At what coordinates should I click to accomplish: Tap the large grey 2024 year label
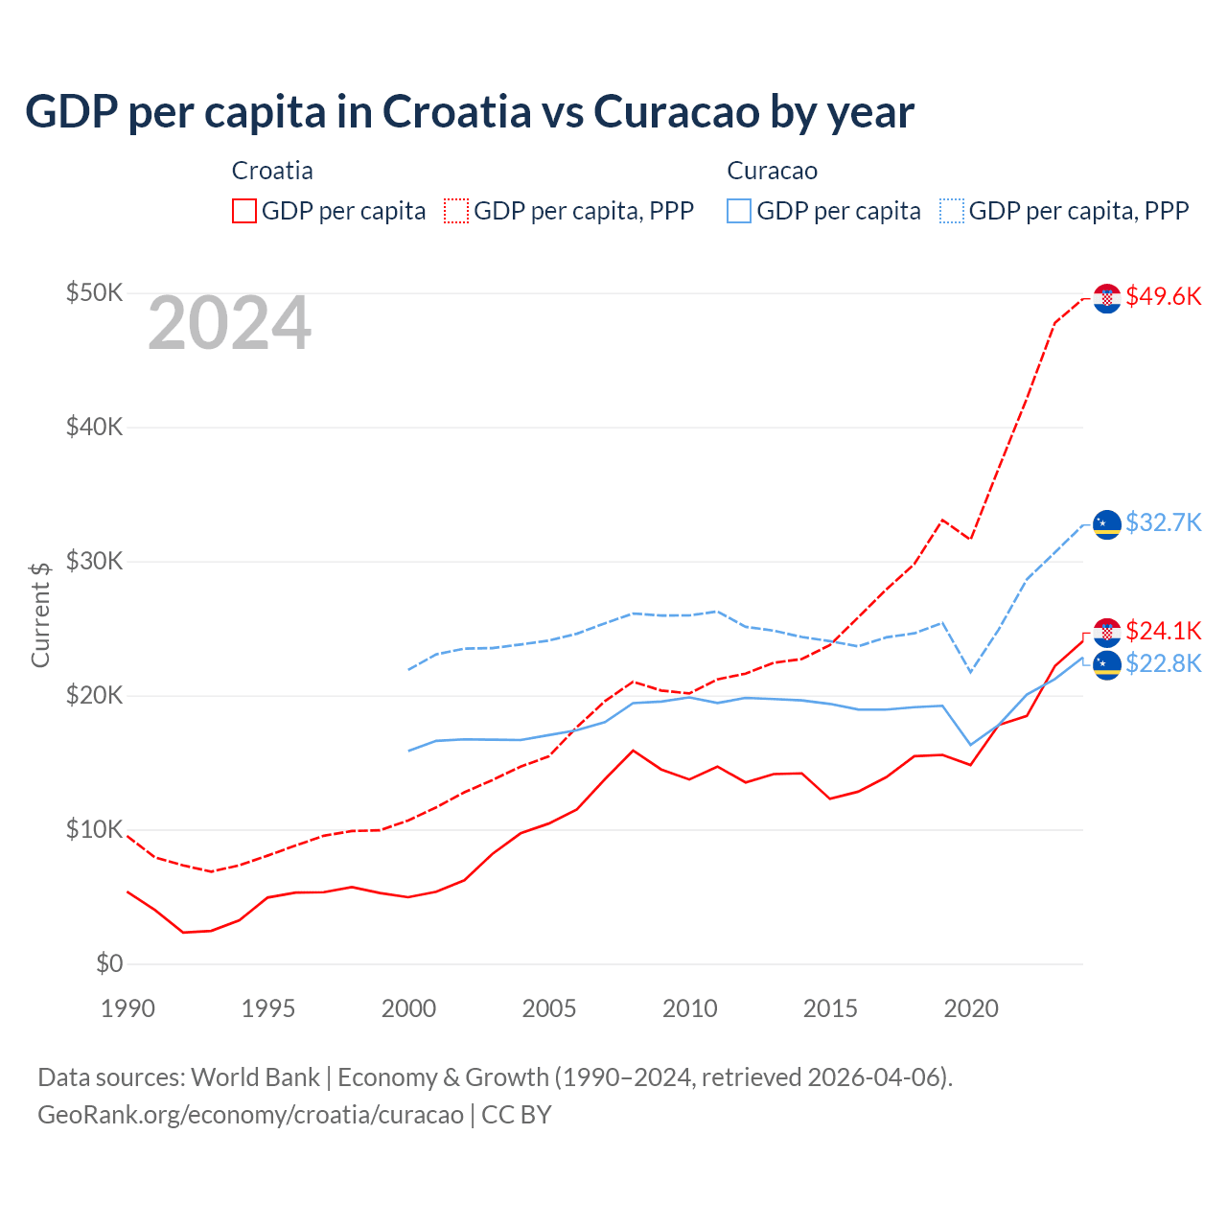tap(229, 323)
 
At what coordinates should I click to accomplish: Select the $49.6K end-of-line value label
tap(1163, 296)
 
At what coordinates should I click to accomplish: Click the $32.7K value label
tap(1163, 522)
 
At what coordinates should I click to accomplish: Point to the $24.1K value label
tap(1163, 631)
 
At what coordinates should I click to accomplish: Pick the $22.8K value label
tap(1163, 663)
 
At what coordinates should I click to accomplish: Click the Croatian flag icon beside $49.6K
tap(1107, 298)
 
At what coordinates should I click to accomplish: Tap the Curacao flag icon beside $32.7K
tap(1107, 524)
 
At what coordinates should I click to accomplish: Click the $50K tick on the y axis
tap(94, 292)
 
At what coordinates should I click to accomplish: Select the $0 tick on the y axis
tap(109, 963)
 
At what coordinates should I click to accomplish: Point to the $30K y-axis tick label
tap(94, 561)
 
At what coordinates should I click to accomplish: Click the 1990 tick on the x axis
tap(127, 1008)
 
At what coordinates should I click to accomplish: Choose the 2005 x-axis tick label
tap(549, 1008)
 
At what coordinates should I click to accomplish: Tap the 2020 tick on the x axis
tap(971, 1008)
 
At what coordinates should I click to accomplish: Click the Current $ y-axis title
tap(40, 614)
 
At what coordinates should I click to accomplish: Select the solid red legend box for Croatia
tap(244, 211)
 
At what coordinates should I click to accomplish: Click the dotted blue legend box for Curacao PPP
tap(952, 211)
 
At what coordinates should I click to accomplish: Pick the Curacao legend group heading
tap(772, 171)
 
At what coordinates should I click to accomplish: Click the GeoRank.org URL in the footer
tap(250, 1115)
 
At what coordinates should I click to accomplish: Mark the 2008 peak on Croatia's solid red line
tap(633, 751)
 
